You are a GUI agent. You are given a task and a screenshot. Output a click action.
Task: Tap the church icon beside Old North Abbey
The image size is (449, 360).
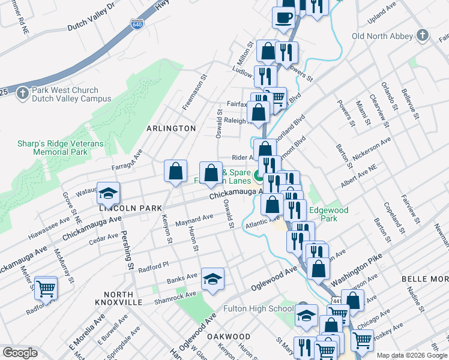click(x=423, y=35)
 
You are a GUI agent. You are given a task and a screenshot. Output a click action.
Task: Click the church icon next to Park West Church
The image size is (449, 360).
click(x=22, y=94)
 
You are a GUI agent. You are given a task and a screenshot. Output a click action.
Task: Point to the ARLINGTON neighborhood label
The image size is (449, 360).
click(x=172, y=128)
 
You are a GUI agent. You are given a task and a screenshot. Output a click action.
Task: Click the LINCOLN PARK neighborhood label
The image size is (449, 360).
click(x=131, y=208)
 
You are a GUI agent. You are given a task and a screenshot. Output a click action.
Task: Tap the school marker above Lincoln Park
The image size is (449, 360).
click(x=109, y=193)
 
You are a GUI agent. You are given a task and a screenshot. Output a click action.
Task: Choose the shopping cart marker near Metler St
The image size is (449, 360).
click(x=46, y=288)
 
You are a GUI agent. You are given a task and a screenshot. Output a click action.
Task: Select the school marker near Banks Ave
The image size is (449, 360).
click(x=212, y=278)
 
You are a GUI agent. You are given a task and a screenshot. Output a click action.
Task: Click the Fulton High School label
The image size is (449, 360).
click(x=258, y=309)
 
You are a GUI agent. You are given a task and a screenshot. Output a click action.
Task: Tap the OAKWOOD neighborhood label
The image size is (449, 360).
click(x=228, y=337)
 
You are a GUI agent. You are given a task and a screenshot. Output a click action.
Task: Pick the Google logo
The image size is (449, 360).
click(x=20, y=353)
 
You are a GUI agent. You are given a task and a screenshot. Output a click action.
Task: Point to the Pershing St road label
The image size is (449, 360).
click(x=127, y=249)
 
